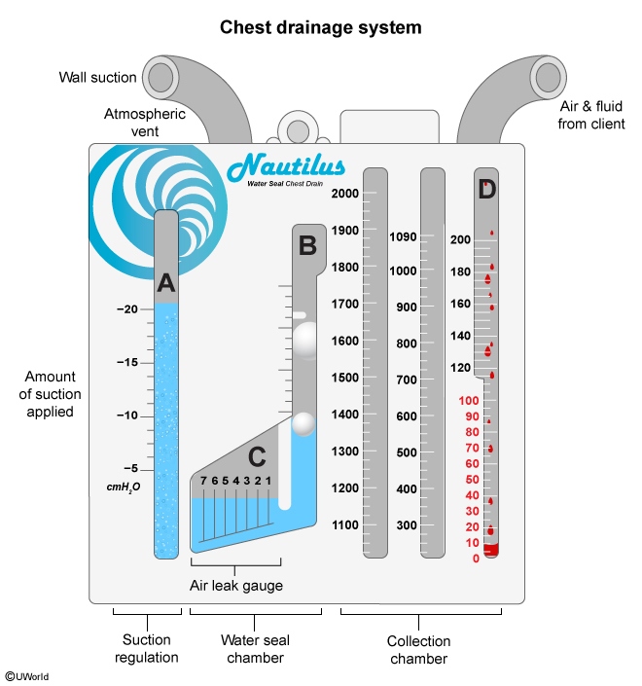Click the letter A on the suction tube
166,283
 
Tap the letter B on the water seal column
307,246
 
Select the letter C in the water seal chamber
257,455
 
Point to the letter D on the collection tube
487,190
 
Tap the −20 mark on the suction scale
126,309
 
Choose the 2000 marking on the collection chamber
344,194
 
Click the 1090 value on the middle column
402,236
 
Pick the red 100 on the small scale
468,400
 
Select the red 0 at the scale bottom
476,559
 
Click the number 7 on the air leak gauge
202,481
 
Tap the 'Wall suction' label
96,77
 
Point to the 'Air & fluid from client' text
592,115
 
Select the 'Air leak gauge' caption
235,586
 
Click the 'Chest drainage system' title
320,27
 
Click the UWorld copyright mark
28,674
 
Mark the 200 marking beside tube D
459,239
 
